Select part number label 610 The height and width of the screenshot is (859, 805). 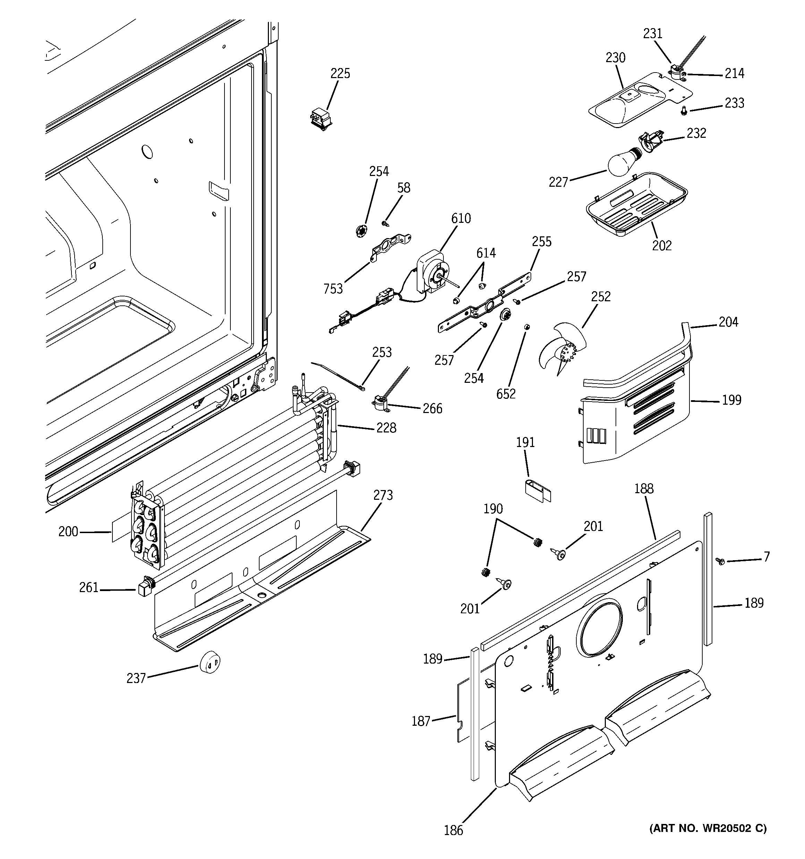pos(461,219)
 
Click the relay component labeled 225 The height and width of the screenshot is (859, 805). pos(320,118)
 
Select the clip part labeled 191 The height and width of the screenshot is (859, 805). pos(537,490)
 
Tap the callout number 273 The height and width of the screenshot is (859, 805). pos(383,495)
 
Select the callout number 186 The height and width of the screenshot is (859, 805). pos(453,830)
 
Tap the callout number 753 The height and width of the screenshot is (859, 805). pos(333,289)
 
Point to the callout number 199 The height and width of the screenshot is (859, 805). pos(731,400)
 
